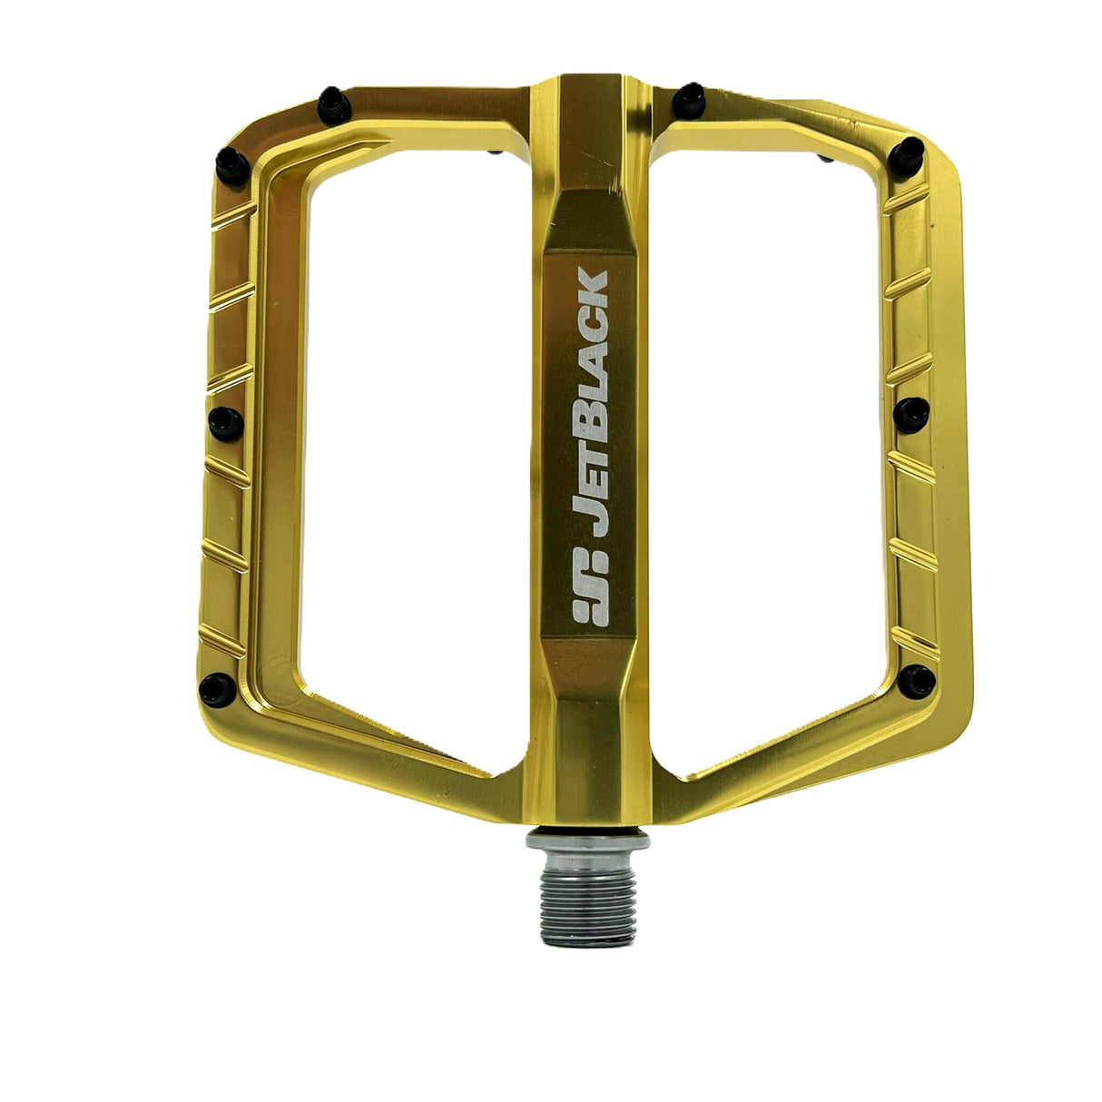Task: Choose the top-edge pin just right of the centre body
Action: click(x=692, y=94)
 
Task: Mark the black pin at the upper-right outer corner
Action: click(x=909, y=152)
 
